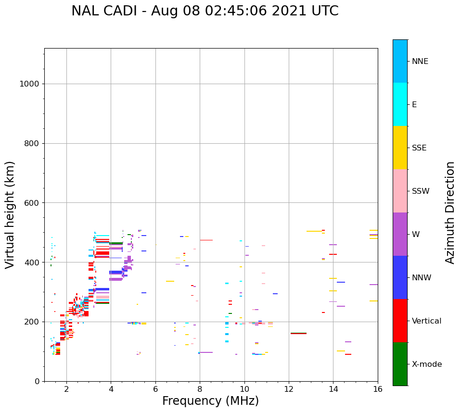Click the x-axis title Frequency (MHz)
tap(210, 401)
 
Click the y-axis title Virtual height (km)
tap(10, 214)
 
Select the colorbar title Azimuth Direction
tap(450, 212)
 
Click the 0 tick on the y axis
tap(37, 381)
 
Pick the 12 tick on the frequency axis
tap(289, 388)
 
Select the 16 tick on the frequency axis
tap(378, 388)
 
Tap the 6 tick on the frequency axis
tap(155, 388)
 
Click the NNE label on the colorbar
tap(420, 62)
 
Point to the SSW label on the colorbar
tap(421, 191)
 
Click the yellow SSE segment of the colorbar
tap(400, 148)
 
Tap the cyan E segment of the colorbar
tap(400, 104)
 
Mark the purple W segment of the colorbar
tap(400, 234)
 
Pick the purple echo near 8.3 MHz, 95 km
tap(206, 352)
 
